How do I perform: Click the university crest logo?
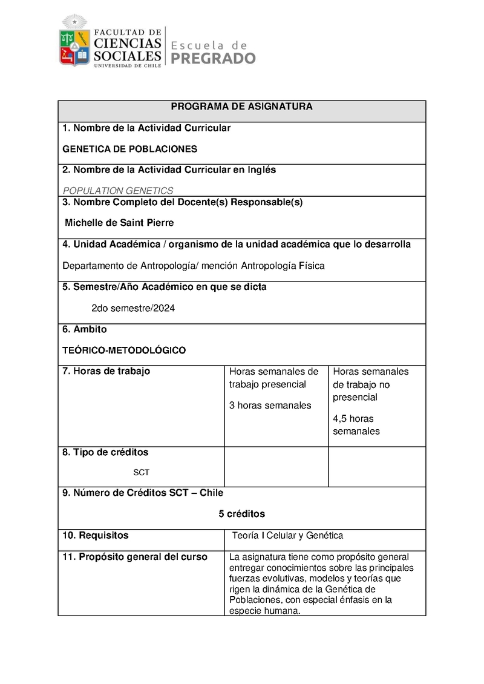[74, 41]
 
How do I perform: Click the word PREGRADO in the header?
[213, 58]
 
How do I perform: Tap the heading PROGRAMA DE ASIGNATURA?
[241, 107]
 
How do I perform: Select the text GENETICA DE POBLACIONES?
[130, 149]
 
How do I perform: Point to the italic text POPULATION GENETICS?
[118, 191]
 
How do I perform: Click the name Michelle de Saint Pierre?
[119, 223]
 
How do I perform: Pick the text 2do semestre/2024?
[133, 308]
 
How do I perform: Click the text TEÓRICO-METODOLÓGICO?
[124, 350]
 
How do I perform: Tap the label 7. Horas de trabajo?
[106, 371]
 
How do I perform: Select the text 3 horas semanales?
[270, 406]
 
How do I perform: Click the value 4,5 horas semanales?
[356, 425]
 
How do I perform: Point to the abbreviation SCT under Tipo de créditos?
[141, 472]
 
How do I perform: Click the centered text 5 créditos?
[241, 514]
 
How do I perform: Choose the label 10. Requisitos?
[96, 535]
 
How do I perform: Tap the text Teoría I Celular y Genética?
[287, 536]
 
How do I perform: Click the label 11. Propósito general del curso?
[135, 557]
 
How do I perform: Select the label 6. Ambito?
[85, 329]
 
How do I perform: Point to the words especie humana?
[264, 611]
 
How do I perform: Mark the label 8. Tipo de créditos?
[105, 452]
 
